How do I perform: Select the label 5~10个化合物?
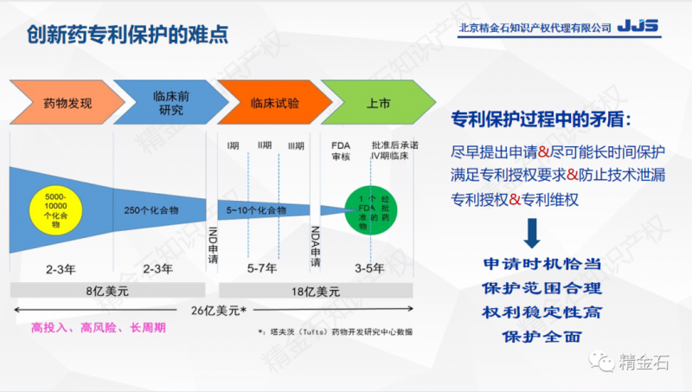click(258, 209)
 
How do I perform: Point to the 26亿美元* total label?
click(217, 310)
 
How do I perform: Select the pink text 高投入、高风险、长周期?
click(98, 328)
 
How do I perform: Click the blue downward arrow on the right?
click(533, 231)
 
